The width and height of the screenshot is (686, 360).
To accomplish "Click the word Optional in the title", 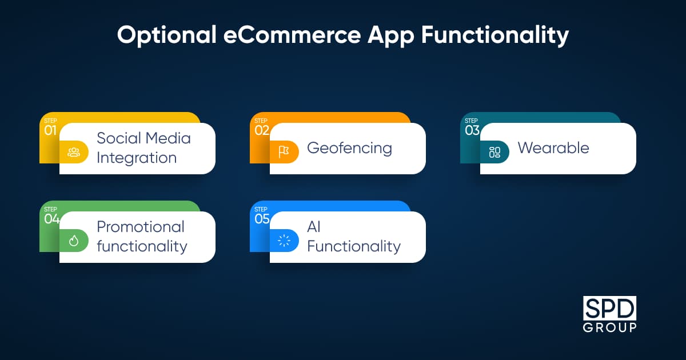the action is tap(167, 36).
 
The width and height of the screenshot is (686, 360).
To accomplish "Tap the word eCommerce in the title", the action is tap(292, 35).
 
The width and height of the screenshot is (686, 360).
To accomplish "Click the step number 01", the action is tap(50, 130).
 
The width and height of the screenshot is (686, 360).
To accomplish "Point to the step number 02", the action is tap(262, 130).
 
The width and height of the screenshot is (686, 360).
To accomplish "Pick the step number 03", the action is tap(472, 130).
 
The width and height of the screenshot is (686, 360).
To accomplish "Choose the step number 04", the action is tap(51, 219).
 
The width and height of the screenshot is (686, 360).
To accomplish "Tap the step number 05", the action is tap(262, 219).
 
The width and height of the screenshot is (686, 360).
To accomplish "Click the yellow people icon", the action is tap(74, 152).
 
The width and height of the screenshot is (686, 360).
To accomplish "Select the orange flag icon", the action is tap(284, 152).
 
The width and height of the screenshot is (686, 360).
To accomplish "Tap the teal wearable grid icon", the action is tap(494, 152).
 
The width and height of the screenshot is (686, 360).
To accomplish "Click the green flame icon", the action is tap(74, 241).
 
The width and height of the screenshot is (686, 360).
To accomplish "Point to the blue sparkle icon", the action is tap(284, 241).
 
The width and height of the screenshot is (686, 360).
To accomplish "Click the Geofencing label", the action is tap(349, 149).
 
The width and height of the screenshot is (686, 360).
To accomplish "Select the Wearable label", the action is tap(553, 148).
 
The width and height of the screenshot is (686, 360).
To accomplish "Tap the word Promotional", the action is tap(141, 227).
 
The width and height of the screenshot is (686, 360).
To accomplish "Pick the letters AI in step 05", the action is tap(314, 227).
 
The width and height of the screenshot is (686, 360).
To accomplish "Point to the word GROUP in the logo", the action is tap(609, 328).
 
